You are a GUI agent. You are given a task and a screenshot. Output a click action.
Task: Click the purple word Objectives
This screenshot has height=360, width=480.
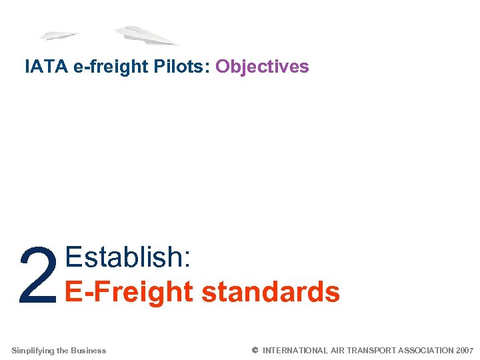tap(262, 67)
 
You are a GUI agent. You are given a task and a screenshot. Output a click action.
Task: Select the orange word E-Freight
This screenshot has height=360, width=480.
tap(127, 292)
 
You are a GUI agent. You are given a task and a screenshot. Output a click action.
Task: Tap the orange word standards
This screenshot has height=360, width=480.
tap(270, 292)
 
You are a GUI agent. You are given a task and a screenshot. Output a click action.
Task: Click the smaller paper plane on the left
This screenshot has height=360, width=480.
tap(59, 35)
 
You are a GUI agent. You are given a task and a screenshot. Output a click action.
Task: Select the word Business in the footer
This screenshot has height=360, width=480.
tap(89, 351)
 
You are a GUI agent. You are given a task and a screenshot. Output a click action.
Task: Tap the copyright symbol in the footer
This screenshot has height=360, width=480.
tap(255, 350)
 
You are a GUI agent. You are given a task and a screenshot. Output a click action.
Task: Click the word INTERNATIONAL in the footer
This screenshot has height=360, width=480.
tap(295, 351)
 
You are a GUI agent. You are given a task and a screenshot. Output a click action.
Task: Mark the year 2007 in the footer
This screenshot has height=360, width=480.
tap(465, 351)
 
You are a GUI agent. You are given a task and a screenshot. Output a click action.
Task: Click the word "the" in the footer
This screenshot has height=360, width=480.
tap(63, 351)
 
